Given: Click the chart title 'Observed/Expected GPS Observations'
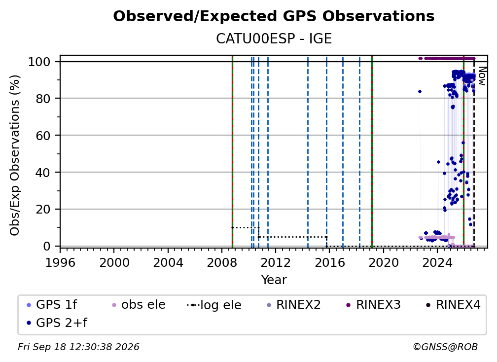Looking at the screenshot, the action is [x=274, y=16].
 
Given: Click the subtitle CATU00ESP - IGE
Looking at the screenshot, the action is [x=274, y=38].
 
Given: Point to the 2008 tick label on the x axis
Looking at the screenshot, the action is [x=222, y=262].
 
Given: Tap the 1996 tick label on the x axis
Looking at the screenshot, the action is [x=60, y=262].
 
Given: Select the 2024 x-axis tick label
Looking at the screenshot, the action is [x=437, y=262].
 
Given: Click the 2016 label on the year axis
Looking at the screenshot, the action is [x=329, y=262].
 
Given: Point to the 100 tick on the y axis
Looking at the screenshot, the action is [x=39, y=62].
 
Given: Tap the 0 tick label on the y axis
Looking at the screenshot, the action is [x=47, y=246].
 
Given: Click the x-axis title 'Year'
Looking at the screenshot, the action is [x=274, y=280].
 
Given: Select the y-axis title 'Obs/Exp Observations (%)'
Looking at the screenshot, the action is [x=15, y=155].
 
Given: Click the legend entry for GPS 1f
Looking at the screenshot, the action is [x=52, y=305].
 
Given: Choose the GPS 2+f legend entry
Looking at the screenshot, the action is [x=57, y=323].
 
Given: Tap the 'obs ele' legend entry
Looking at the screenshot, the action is [x=137, y=305].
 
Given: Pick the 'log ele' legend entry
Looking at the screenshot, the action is [x=214, y=305].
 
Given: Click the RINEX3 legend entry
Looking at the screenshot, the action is [x=373, y=305].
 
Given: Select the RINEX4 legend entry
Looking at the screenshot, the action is [x=453, y=305].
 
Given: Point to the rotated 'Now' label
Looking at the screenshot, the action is [x=482, y=76].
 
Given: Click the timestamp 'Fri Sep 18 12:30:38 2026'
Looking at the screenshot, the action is [x=78, y=347].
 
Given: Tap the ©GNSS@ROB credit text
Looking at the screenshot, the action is [x=445, y=347].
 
